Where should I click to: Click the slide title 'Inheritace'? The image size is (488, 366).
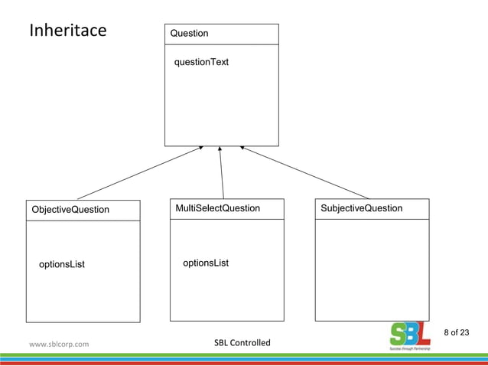(x=67, y=31)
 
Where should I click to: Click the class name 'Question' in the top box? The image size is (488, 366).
(x=189, y=34)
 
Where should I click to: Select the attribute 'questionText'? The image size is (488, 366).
(x=201, y=62)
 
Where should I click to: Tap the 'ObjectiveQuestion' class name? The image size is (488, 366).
(x=70, y=210)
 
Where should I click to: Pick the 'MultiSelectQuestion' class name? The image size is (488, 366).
(x=217, y=208)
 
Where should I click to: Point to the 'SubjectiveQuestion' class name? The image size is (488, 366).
(x=363, y=208)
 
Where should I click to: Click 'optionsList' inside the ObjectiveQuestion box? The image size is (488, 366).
(x=62, y=265)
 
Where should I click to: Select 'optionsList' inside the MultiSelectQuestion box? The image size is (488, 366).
(x=206, y=263)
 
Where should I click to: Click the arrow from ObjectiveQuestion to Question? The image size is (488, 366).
(x=138, y=173)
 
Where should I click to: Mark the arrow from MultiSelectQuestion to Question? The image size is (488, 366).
(x=222, y=173)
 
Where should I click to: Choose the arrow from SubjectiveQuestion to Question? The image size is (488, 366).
(x=306, y=173)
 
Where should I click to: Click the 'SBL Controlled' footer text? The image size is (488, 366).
(x=242, y=342)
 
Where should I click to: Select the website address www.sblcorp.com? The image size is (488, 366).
(x=59, y=344)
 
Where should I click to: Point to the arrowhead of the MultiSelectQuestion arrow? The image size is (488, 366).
(x=220, y=149)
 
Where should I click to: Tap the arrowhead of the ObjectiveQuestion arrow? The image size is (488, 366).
(x=200, y=148)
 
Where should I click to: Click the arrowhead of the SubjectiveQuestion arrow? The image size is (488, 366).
(x=242, y=148)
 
